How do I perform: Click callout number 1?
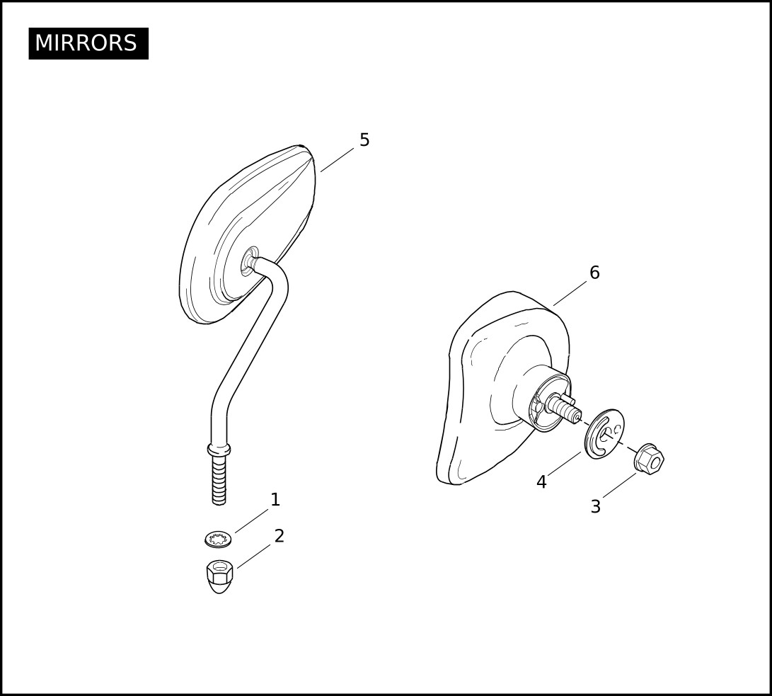point(275,500)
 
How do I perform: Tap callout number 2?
point(280,536)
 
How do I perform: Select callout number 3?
point(596,506)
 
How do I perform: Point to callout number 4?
point(541,482)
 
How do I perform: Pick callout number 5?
point(364,140)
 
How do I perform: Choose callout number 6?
point(595,273)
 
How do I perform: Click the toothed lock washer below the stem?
point(219,539)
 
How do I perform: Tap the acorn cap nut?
point(219,576)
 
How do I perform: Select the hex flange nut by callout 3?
point(650,459)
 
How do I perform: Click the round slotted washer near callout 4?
point(604,434)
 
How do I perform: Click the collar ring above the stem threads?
point(219,449)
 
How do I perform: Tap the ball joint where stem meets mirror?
point(251,261)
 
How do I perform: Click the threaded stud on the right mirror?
point(564,407)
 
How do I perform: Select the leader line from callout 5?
point(338,159)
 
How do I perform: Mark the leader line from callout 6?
point(570,294)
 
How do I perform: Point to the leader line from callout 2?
point(253,556)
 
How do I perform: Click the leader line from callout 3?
point(619,485)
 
